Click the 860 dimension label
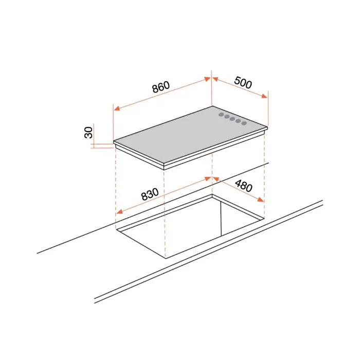161,87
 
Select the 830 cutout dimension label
150,194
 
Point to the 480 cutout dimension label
244,186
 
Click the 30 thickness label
88,133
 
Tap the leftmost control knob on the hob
221,115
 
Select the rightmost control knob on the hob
244,123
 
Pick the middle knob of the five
232,119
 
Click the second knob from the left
227,117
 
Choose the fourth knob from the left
238,121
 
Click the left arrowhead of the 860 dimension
117,108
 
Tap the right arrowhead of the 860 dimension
207,79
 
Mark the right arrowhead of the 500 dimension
264,96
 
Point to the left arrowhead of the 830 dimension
119,211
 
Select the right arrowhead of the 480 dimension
261,200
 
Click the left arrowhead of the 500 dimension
215,79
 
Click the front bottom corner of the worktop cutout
166,258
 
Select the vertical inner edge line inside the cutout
221,219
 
